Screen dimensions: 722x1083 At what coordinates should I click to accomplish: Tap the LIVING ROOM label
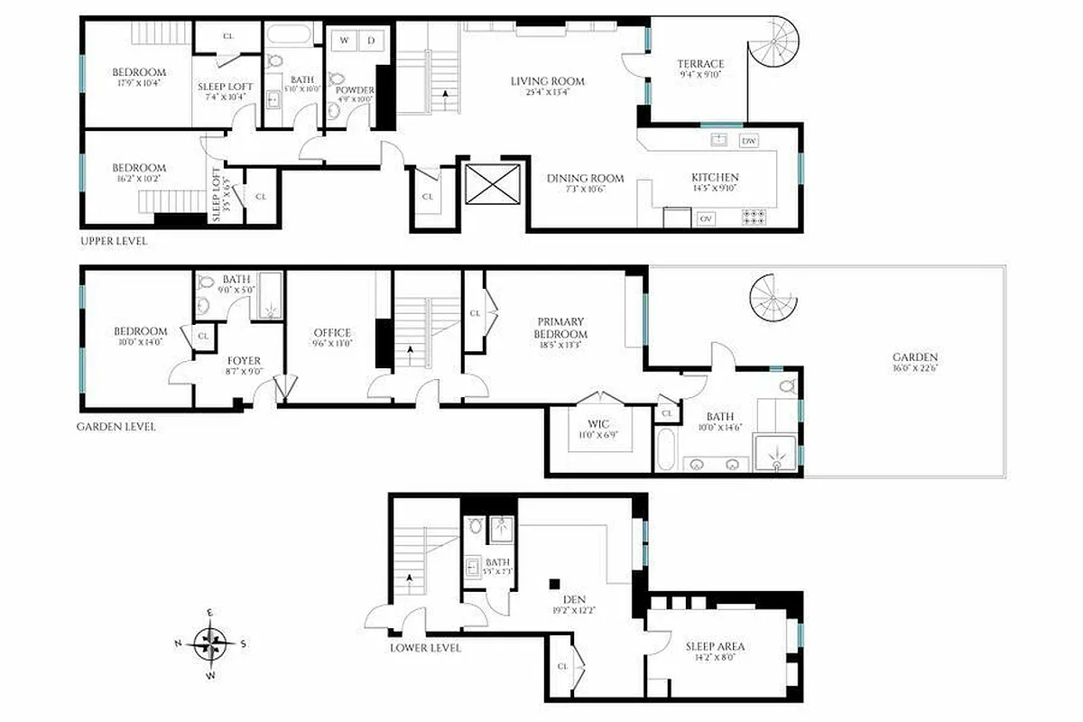[547, 81]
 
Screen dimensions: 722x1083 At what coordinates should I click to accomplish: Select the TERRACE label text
[701, 64]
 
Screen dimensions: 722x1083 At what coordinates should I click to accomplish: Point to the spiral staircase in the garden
[774, 298]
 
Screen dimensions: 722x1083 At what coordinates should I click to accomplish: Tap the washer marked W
[344, 40]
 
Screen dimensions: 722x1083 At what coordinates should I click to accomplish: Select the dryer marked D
[370, 40]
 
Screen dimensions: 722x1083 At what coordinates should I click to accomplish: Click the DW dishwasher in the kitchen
[749, 141]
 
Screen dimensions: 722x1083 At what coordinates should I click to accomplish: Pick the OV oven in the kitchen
[706, 218]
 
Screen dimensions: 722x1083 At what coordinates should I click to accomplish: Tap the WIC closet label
[598, 424]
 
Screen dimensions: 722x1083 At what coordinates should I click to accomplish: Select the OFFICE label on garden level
[331, 332]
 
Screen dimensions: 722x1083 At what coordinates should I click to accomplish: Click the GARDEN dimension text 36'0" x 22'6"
[916, 368]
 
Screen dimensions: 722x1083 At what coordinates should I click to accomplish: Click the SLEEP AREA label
[715, 646]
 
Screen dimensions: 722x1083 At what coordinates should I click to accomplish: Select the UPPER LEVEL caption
[114, 242]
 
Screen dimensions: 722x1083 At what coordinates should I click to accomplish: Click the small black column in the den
[556, 582]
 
